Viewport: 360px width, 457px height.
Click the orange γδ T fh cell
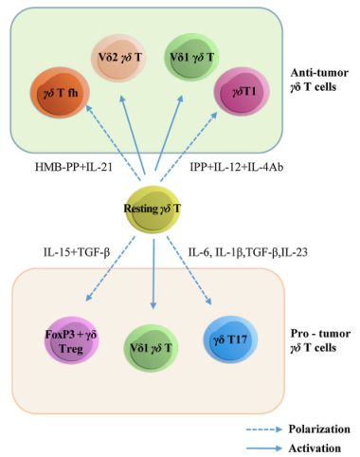(x=60, y=93)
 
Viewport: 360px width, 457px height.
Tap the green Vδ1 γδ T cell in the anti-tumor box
(x=191, y=57)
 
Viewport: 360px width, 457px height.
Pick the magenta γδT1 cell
(x=242, y=92)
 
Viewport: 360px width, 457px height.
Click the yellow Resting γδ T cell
(x=153, y=210)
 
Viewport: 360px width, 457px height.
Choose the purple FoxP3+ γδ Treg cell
(x=71, y=341)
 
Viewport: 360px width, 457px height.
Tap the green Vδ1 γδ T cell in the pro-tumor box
(x=151, y=348)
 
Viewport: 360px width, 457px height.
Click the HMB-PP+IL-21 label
(x=74, y=167)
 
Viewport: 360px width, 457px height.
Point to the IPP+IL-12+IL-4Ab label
(x=237, y=167)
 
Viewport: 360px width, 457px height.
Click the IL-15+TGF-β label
(x=77, y=252)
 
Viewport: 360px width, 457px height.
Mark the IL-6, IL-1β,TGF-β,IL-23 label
(x=248, y=252)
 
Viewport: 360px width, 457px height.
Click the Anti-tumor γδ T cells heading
(x=319, y=80)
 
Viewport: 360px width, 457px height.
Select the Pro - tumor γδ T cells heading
(x=320, y=340)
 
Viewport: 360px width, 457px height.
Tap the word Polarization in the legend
(x=319, y=430)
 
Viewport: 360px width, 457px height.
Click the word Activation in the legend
(x=315, y=448)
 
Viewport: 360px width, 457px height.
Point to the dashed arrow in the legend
(x=264, y=430)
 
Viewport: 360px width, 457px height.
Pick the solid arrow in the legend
(x=264, y=448)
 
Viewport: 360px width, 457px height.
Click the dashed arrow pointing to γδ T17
(x=189, y=270)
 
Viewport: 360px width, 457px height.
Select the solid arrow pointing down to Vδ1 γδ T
(x=153, y=274)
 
